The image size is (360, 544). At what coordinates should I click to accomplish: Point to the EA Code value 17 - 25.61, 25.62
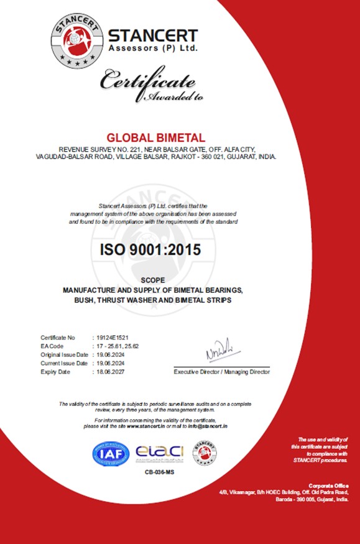[x=119, y=346]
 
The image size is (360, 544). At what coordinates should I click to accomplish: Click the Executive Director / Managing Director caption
[x=222, y=372]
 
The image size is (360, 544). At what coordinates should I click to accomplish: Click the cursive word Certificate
[x=149, y=81]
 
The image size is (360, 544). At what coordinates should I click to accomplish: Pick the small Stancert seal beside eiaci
[x=205, y=453]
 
